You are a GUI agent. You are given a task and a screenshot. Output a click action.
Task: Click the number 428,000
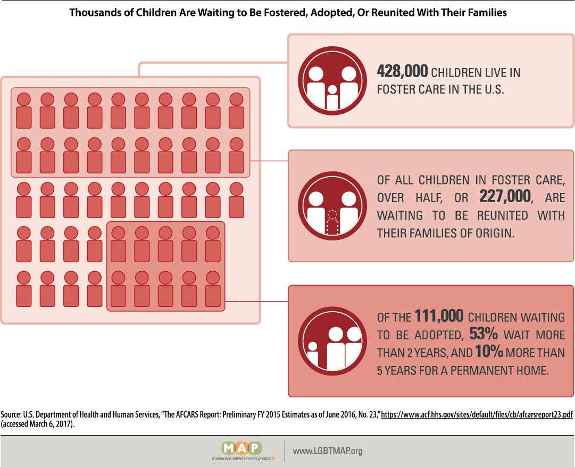(402, 72)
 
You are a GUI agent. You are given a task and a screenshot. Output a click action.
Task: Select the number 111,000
(439, 316)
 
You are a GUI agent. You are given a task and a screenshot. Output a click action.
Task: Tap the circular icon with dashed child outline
(333, 207)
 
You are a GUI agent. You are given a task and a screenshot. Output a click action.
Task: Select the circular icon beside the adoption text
(333, 341)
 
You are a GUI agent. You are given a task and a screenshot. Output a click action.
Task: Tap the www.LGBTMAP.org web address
(328, 451)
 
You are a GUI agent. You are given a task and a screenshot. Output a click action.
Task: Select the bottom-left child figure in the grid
(23, 290)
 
